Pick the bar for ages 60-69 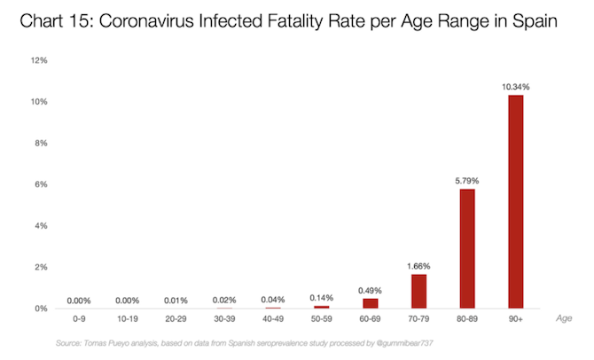(x=370, y=303)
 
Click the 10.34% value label (x=515, y=86)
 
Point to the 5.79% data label (x=467, y=180)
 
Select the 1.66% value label (x=418, y=265)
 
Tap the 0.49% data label (x=370, y=289)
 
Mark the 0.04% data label (x=272, y=299)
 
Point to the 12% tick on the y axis (x=38, y=61)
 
